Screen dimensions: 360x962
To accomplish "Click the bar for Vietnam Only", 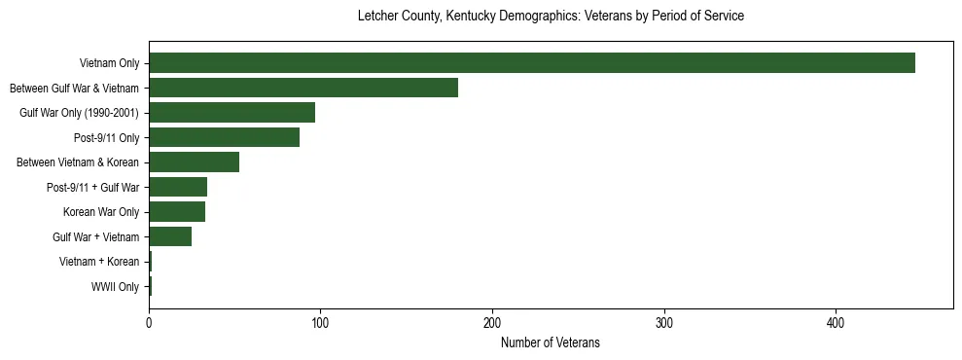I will click(x=532, y=63).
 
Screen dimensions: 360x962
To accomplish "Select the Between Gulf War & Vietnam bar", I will click(x=303, y=88).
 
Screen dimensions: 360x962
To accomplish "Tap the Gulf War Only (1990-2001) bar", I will click(x=232, y=113).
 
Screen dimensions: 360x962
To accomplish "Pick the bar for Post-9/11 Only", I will click(x=224, y=137).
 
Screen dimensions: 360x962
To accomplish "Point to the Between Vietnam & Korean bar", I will click(x=194, y=162).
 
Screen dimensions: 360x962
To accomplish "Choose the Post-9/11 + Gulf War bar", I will click(x=178, y=187).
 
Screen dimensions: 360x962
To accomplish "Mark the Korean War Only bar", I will click(x=177, y=212).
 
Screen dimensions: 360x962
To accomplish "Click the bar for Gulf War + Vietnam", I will click(x=170, y=236).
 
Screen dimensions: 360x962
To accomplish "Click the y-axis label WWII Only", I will click(x=115, y=287).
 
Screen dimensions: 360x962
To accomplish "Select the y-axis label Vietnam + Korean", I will click(x=98, y=262).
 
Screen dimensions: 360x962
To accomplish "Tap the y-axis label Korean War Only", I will click(x=101, y=212).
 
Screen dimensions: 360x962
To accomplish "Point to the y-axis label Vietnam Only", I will click(x=109, y=63).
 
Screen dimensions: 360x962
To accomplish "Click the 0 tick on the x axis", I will click(x=149, y=324).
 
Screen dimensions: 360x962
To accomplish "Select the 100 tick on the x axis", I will click(x=320, y=324).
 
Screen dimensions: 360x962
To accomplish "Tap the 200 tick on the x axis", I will click(x=492, y=324).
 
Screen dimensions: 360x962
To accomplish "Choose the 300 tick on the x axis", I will click(x=664, y=324).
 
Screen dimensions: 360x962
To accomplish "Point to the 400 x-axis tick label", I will click(x=836, y=324).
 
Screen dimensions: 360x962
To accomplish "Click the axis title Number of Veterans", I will click(x=551, y=342).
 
